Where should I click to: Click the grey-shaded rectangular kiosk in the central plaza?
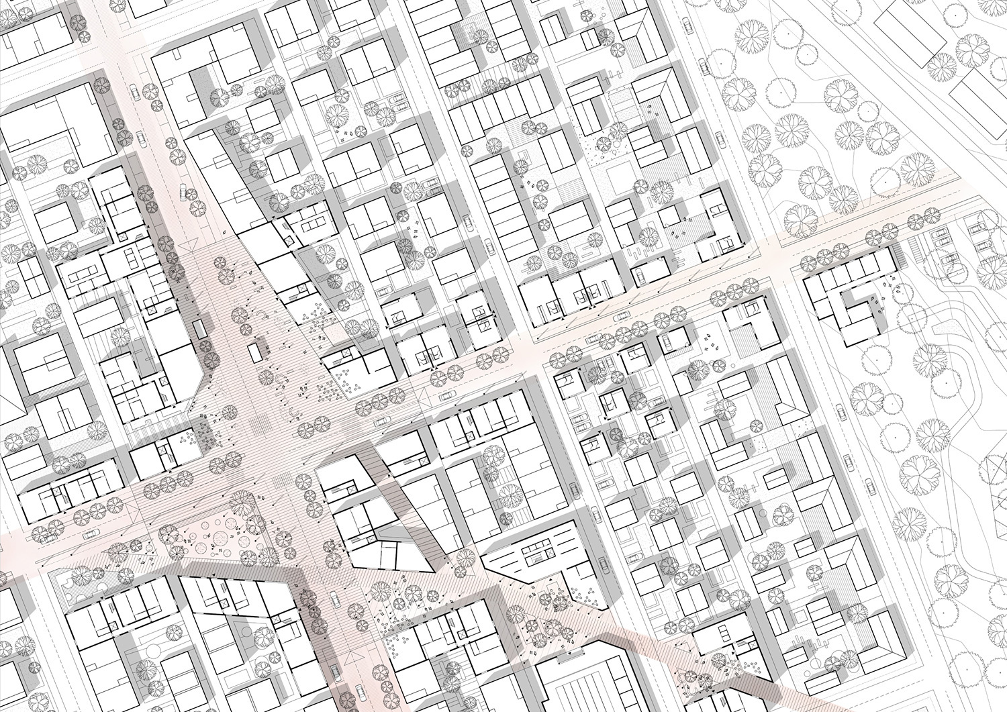click(x=199, y=329)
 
